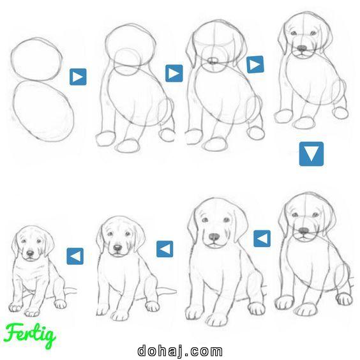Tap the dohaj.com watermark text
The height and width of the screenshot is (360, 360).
pyautogui.click(x=180, y=350)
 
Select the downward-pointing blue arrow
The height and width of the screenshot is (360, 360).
pyautogui.click(x=311, y=153)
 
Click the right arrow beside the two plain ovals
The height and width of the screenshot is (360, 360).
pyautogui.click(x=78, y=77)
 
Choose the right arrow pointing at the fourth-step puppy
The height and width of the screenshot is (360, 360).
pyautogui.click(x=255, y=64)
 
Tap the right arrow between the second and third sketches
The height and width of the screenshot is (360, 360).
pyautogui.click(x=174, y=73)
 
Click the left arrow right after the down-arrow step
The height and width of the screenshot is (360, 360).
pyautogui.click(x=262, y=239)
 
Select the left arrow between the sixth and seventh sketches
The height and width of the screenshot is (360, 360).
pyautogui.click(x=165, y=248)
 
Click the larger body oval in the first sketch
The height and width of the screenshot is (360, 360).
pyautogui.click(x=43, y=110)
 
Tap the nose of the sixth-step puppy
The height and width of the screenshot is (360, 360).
pyautogui.click(x=214, y=237)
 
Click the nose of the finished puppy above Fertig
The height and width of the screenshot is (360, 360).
pyautogui.click(x=29, y=253)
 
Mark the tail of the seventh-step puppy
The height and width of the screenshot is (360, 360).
pyautogui.click(x=167, y=292)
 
